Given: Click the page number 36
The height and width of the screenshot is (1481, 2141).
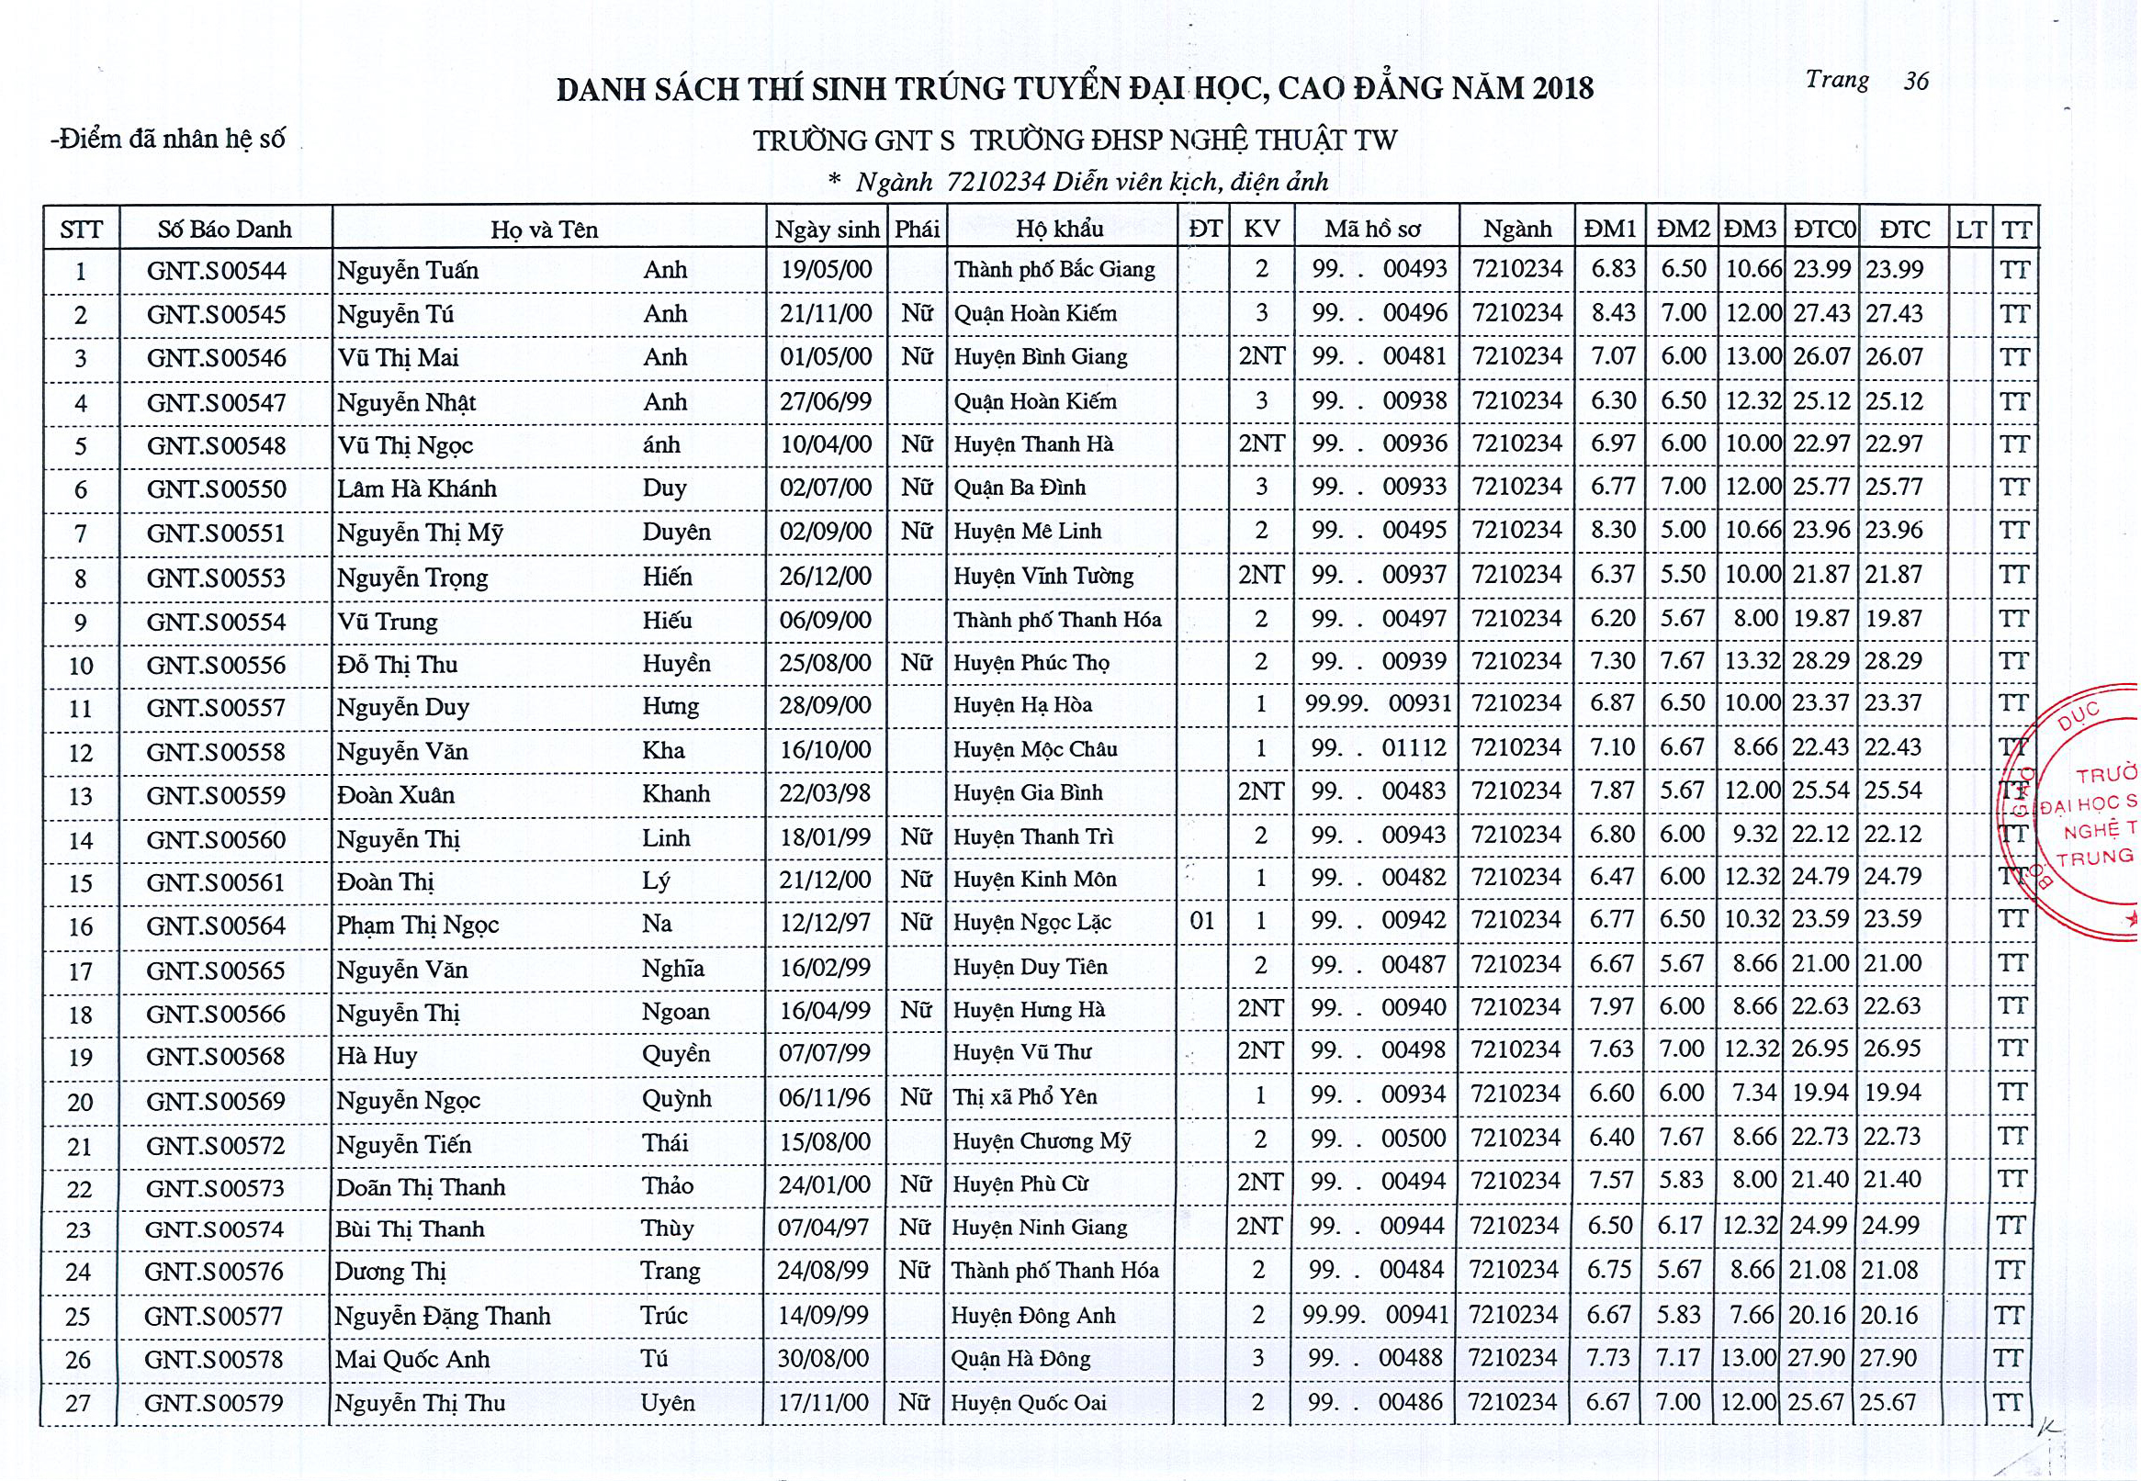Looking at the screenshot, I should click(x=1916, y=82).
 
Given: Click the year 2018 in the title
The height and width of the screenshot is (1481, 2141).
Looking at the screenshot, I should click(x=1563, y=89).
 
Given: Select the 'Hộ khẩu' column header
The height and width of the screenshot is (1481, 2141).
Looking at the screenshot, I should click(x=1059, y=230).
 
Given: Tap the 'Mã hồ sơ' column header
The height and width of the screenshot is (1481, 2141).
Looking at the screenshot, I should click(x=1372, y=230).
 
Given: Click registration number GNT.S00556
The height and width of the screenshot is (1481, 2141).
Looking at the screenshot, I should click(x=216, y=666).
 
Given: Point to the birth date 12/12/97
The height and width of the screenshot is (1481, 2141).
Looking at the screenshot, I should click(x=825, y=923).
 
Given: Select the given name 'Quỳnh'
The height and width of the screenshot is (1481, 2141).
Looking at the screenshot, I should click(x=677, y=1099).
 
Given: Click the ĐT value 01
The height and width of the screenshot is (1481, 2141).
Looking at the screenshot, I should click(x=1201, y=922).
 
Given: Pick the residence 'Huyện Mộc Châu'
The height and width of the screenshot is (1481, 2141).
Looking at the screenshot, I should click(x=1035, y=750).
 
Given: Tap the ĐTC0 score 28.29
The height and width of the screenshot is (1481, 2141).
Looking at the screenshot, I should click(x=1820, y=662).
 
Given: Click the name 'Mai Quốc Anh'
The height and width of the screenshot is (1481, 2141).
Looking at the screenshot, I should click(x=412, y=1360).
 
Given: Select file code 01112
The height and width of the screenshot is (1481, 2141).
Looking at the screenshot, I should click(x=1414, y=748).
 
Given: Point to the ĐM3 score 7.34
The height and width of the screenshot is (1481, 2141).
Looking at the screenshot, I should click(x=1754, y=1094).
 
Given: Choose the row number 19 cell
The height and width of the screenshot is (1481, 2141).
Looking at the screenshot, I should click(x=81, y=1058).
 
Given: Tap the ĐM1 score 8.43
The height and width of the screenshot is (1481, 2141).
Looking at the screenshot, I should click(x=1613, y=314).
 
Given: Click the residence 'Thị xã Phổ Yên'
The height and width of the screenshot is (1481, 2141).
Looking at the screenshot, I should click(x=1024, y=1098).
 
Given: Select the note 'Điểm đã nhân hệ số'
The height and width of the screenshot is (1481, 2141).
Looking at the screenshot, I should click(x=168, y=140).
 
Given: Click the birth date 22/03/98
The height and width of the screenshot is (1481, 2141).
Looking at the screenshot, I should click(x=825, y=793).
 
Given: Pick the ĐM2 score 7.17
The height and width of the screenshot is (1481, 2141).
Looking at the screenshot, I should click(x=1679, y=1358).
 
